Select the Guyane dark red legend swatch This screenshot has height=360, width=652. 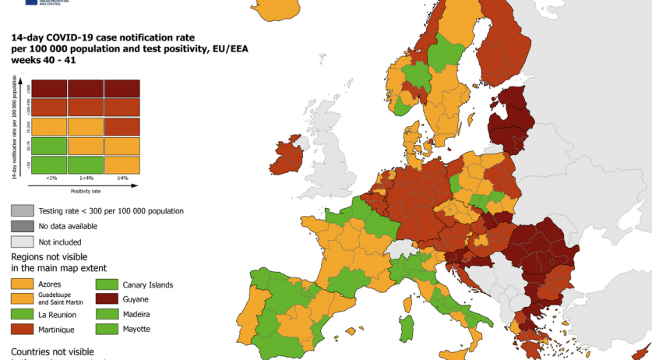click(106, 299)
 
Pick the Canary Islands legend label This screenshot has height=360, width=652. click(148, 284)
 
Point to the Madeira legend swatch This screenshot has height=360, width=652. click(106, 314)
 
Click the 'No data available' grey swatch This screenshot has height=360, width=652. click(21, 226)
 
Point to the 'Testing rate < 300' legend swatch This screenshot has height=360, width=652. click(21, 210)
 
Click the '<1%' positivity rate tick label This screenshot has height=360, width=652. click(51, 178)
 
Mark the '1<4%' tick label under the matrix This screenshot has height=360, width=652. click(86, 178)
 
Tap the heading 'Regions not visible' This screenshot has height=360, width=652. click(49, 256)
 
